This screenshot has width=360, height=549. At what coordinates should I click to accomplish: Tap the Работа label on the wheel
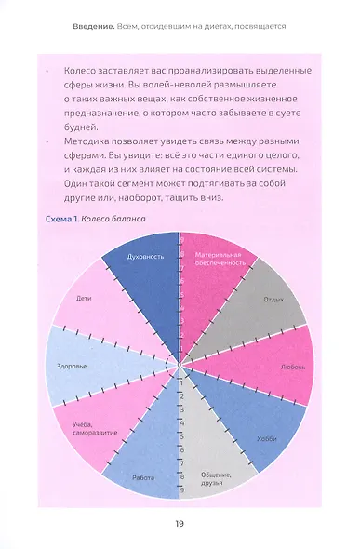142,477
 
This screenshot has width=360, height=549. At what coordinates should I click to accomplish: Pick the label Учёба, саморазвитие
91,431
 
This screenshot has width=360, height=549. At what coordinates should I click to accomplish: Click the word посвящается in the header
260,26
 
